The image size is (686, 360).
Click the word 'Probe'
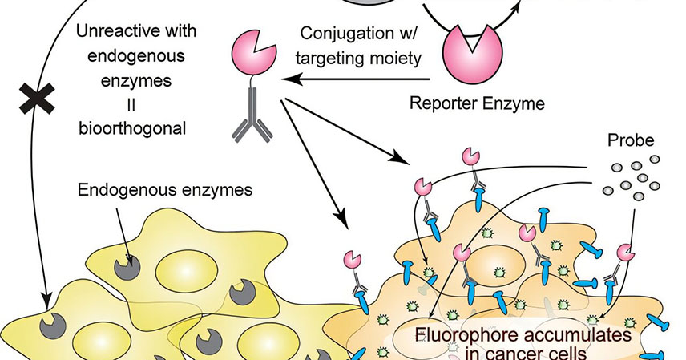point(631,140)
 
